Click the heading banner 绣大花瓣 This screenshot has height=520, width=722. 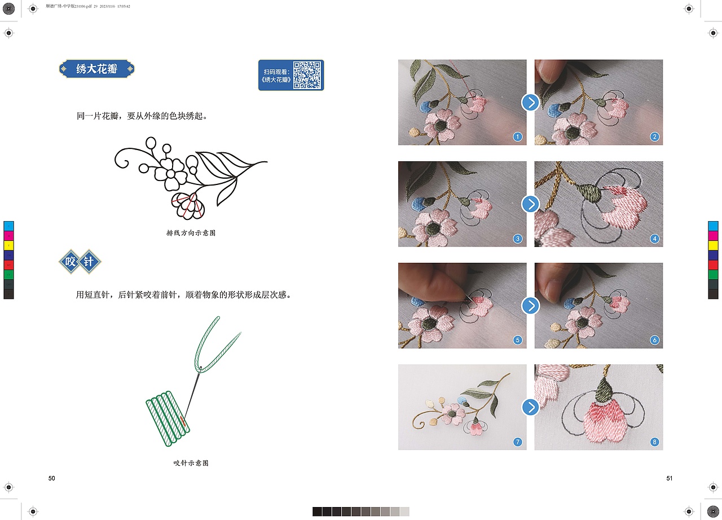(x=97, y=69)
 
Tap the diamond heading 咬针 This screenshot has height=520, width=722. (x=80, y=262)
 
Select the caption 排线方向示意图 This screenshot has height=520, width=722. (x=191, y=233)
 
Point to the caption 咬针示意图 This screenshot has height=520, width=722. (x=191, y=463)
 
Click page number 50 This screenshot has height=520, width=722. (x=51, y=478)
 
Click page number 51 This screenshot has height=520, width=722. (x=670, y=478)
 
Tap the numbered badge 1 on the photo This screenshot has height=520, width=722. (x=517, y=137)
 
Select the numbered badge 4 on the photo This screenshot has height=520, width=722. (x=654, y=239)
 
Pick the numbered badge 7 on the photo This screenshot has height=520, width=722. (x=517, y=442)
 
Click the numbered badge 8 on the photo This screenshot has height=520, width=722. (x=654, y=442)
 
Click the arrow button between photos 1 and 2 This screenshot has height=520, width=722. (x=530, y=103)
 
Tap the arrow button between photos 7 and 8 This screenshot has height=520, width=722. (x=530, y=407)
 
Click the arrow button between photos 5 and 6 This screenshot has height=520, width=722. (x=530, y=306)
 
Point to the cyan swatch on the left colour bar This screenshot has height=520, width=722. (x=8, y=226)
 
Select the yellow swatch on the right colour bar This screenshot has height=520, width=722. (x=713, y=245)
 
